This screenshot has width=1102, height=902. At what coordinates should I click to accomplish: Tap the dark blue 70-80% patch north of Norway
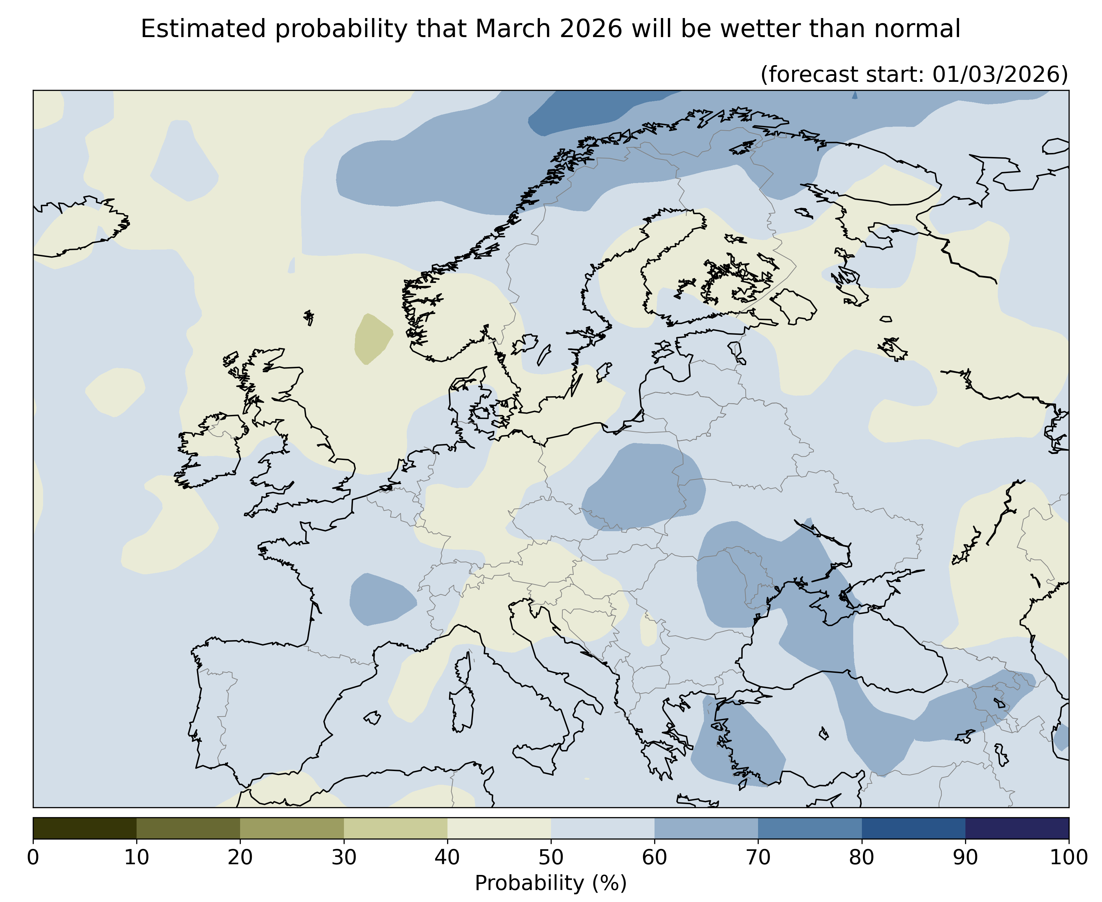click(x=592, y=112)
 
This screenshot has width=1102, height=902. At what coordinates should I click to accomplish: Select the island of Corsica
click(x=464, y=669)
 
